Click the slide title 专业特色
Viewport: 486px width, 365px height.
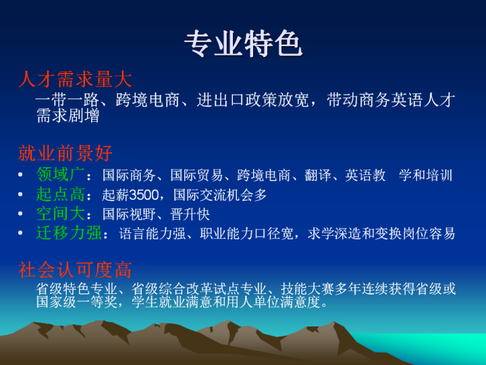click(x=243, y=44)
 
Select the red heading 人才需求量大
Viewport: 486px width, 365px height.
click(x=75, y=79)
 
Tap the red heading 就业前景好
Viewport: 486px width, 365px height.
click(x=65, y=153)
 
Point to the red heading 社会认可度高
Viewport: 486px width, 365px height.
click(x=75, y=270)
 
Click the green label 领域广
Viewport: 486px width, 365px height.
click(x=61, y=174)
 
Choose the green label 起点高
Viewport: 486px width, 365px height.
click(x=61, y=194)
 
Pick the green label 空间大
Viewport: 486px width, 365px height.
click(x=61, y=214)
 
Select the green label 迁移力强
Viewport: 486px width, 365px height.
click(x=69, y=233)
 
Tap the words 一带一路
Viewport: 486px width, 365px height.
click(x=67, y=99)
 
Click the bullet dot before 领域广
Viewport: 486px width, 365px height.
click(x=20, y=175)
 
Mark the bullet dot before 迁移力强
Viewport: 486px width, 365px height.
click(x=20, y=233)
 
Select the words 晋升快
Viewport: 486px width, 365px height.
click(x=190, y=214)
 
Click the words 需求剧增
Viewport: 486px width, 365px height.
click(x=67, y=116)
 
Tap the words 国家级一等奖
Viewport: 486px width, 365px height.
click(x=76, y=301)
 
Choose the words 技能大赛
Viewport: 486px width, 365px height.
click(x=308, y=289)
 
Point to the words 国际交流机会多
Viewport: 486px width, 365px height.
click(x=220, y=195)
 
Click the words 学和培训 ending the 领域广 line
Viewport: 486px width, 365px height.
click(x=425, y=175)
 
